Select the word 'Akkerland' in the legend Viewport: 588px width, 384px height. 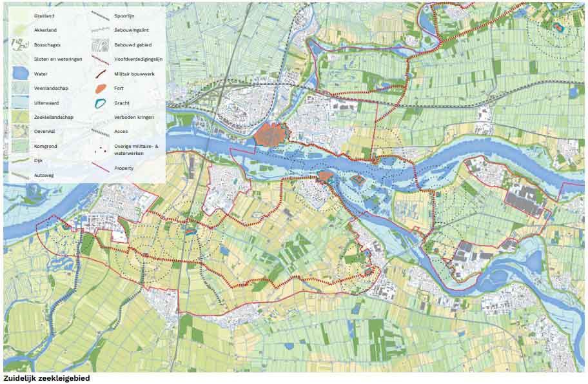point(45,30)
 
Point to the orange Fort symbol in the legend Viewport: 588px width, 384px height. point(99,88)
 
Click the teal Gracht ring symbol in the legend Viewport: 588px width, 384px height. point(99,103)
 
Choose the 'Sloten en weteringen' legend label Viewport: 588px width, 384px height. point(58,59)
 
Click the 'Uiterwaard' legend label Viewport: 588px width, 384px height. point(47,103)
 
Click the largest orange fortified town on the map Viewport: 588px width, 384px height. point(272,135)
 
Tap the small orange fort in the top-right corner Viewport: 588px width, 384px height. point(558,26)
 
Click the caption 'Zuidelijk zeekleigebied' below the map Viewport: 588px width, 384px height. point(46,379)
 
